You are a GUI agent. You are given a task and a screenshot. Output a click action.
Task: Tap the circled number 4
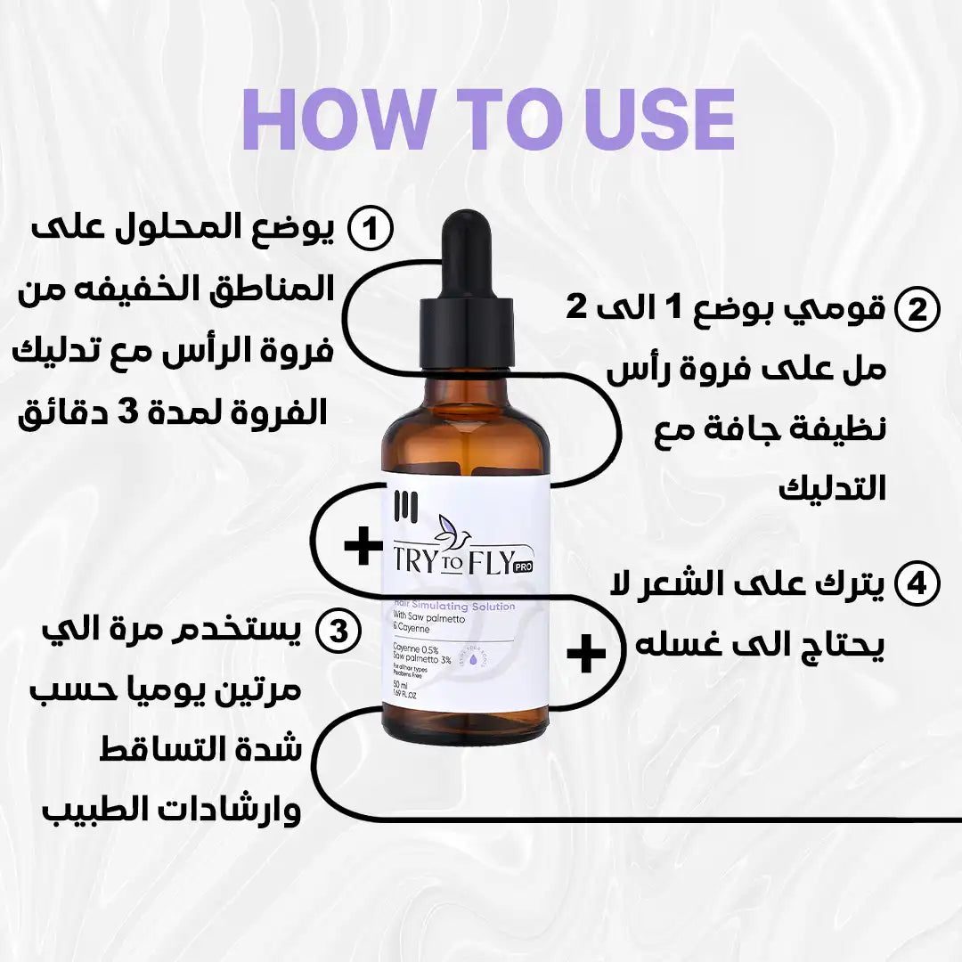pos(917,585)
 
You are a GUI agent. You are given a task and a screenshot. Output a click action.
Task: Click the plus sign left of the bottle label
pos(363,546)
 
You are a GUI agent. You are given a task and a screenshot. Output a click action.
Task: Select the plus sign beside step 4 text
pos(586,654)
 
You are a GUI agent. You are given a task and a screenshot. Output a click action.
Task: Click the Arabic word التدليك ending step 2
pos(834,488)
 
